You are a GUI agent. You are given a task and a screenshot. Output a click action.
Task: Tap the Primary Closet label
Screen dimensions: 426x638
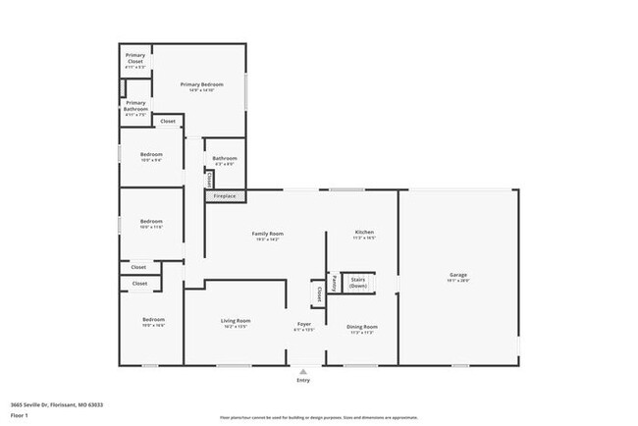[135, 57]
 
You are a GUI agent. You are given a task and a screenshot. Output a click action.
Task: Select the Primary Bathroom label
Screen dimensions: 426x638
[135, 104]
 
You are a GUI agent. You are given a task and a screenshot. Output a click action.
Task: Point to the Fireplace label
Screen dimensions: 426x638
[225, 196]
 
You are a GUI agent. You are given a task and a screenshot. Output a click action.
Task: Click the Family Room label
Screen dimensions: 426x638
[267, 234]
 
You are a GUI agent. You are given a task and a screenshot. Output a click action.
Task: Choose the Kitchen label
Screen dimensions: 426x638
[364, 234]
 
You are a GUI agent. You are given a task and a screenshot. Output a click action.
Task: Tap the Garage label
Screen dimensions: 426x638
[458, 275]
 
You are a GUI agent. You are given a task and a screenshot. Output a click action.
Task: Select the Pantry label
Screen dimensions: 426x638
[334, 283]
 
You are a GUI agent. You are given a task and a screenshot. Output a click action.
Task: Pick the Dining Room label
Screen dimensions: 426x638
[363, 326]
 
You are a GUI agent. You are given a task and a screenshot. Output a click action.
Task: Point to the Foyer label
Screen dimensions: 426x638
[304, 325]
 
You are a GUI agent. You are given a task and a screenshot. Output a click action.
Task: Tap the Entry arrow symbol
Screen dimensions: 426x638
[302, 371]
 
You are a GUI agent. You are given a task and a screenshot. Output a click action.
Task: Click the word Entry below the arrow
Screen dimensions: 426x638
[302, 380]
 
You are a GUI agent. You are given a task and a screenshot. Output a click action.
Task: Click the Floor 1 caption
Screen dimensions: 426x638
[20, 413]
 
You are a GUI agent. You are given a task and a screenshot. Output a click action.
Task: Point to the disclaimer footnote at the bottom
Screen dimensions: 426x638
[318, 417]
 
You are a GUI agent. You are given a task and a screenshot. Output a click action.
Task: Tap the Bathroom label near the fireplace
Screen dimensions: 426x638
[223, 158]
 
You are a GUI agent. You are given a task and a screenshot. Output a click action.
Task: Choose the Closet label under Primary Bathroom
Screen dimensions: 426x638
[168, 122]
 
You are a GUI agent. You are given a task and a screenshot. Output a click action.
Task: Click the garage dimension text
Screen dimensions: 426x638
[458, 281]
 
